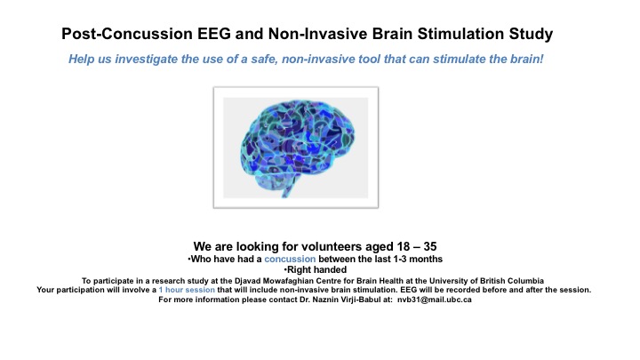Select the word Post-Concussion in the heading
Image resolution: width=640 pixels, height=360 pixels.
(x=127, y=34)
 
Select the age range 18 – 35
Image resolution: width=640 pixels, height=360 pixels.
(x=417, y=246)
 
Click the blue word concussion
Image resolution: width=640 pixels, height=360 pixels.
(x=290, y=259)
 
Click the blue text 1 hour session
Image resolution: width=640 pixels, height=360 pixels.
(x=187, y=290)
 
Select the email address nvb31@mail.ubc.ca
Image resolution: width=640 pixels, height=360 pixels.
(x=435, y=300)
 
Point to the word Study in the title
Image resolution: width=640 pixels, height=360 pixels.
(x=531, y=34)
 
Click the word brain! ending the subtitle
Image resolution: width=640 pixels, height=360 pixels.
(x=527, y=59)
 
